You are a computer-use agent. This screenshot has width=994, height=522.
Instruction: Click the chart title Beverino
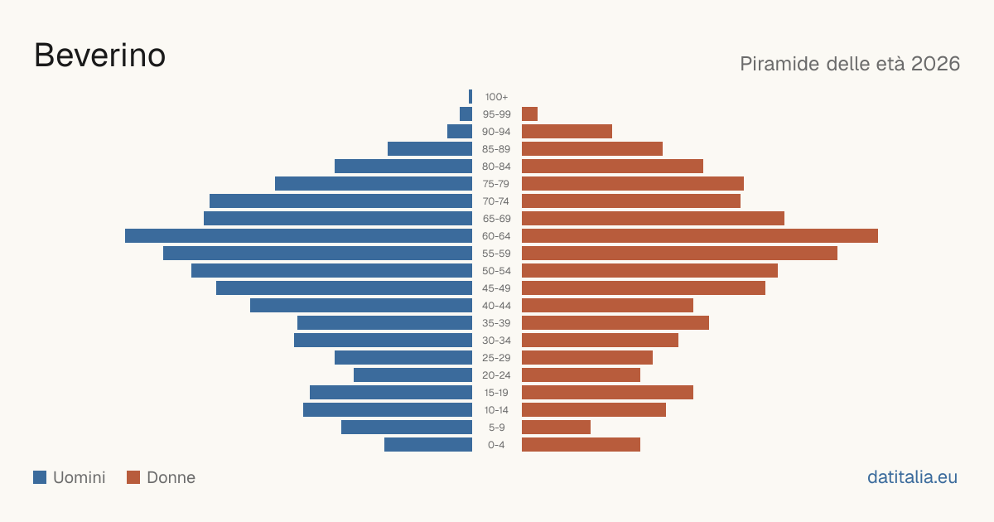100,56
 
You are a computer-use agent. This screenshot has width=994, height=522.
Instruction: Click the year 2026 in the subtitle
935,64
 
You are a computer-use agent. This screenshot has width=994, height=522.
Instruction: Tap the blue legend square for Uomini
40,477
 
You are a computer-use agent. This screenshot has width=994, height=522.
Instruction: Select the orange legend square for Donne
133,477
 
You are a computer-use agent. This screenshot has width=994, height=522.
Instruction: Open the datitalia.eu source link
912,477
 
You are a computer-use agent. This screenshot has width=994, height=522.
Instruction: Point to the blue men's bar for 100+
470,96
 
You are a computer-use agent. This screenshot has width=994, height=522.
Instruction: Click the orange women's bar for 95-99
529,114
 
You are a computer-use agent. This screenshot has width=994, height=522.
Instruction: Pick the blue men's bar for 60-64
299,235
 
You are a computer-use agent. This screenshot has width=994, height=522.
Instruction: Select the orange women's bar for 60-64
700,235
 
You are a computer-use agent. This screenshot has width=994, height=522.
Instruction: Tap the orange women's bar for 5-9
556,427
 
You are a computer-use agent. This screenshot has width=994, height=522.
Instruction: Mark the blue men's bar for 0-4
428,445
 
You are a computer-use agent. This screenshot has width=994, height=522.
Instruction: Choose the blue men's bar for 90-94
460,132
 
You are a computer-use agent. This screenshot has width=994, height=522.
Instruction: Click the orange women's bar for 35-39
615,322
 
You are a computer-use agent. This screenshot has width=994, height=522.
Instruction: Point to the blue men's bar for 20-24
413,375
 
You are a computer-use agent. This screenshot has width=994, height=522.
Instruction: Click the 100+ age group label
496,97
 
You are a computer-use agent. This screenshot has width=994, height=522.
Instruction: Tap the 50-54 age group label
496,271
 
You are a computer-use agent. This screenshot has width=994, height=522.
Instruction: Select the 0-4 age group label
496,445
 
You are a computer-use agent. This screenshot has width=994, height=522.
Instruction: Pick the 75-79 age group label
496,184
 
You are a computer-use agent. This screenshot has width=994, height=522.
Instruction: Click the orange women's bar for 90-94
567,132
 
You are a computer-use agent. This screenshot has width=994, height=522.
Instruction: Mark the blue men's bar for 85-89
430,148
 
